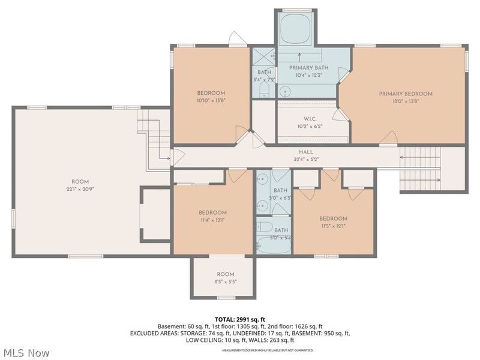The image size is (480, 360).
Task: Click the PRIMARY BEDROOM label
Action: click(x=405, y=94)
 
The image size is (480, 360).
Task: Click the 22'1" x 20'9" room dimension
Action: click(x=80, y=190)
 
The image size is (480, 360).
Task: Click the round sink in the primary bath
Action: click(x=286, y=92)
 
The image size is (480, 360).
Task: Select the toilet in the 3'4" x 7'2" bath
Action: click(x=264, y=91)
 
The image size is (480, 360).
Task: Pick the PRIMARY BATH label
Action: click(x=309, y=68)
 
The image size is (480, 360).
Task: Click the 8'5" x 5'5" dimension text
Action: click(x=226, y=281)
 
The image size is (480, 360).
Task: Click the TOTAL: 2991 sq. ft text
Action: click(x=240, y=319)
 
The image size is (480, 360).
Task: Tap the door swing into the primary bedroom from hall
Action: click(x=388, y=137)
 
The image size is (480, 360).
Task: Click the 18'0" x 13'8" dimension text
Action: click(x=405, y=102)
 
